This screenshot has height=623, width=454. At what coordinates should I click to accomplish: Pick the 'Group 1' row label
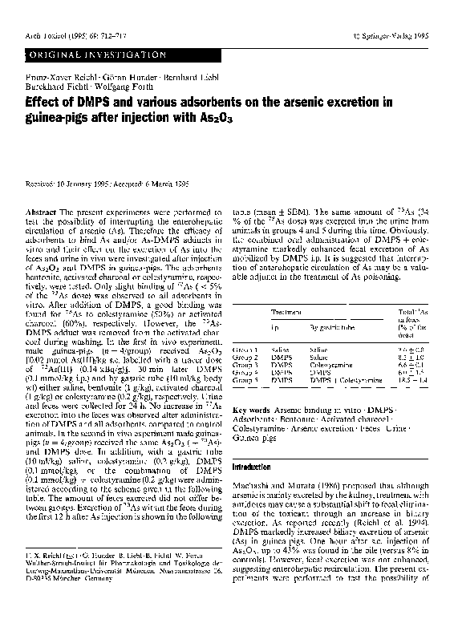coord(245,350)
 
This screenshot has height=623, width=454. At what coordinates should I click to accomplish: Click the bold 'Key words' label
coord(251,408)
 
